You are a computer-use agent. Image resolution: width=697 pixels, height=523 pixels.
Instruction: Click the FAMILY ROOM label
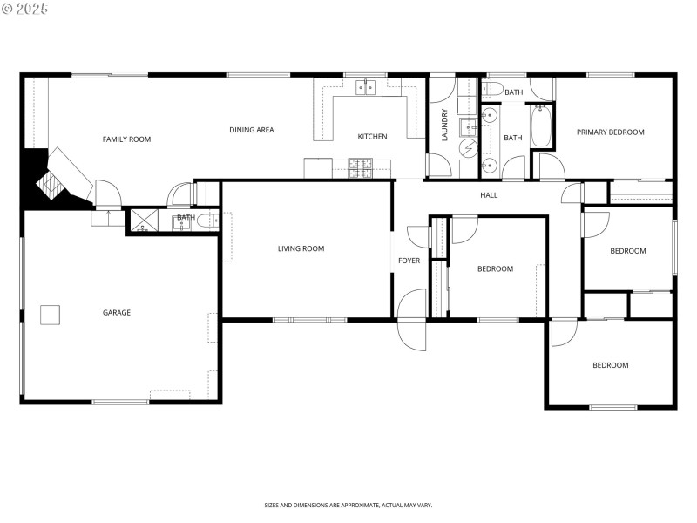tap(126, 139)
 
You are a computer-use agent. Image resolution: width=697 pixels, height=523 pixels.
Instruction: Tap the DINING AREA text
tap(252, 130)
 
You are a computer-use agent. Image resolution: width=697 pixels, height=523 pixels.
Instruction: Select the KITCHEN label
tap(372, 137)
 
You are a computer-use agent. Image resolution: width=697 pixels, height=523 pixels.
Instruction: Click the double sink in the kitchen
tap(366, 86)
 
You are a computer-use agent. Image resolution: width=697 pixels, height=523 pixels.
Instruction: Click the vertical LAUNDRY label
tap(444, 125)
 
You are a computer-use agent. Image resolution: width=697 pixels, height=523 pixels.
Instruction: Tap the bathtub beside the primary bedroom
tap(540, 126)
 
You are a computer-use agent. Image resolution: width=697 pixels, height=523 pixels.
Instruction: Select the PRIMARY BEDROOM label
tap(610, 132)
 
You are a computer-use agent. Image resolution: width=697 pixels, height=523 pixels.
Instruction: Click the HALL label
tap(489, 195)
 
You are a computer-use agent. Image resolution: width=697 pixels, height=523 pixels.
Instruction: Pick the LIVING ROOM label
tap(301, 249)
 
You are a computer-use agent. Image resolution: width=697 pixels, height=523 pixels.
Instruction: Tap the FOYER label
tap(409, 261)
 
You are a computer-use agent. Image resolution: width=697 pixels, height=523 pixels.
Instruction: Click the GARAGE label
tap(117, 313)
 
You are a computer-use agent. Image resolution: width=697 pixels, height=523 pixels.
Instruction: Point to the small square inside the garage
tap(50, 314)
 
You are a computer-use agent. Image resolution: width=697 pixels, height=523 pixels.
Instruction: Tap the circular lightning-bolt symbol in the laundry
tap(468, 148)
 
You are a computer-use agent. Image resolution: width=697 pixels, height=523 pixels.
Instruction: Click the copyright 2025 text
tap(25, 9)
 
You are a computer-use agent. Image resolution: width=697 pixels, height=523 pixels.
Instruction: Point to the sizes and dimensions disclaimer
tap(348, 505)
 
